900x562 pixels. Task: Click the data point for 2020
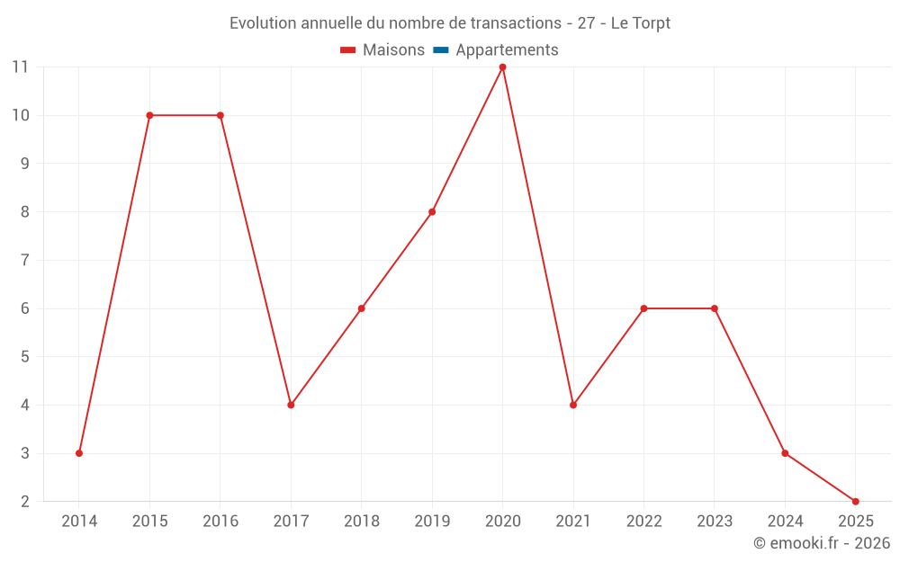coord(502,67)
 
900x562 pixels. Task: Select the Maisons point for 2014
coord(79,453)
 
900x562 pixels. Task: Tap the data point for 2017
coord(291,405)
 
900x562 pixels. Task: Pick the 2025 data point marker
coord(855,501)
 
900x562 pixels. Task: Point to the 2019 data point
coord(432,212)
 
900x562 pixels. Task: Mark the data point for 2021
coord(573,405)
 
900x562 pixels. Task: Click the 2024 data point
coord(785,453)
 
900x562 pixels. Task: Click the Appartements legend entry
coord(507,50)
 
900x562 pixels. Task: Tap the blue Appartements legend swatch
coord(440,50)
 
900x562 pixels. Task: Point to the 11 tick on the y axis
coord(20,67)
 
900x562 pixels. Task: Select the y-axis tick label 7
coord(24,261)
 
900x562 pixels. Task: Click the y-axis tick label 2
coord(24,502)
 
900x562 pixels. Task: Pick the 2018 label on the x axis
coord(362,522)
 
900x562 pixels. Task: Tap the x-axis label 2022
coord(643,522)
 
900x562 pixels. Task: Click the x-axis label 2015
coord(149,522)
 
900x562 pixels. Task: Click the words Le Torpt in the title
coord(640,23)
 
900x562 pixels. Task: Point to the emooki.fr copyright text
coord(822,543)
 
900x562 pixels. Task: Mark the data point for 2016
coord(220,115)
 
